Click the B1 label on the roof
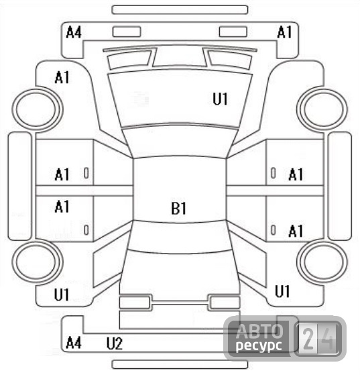(x=178, y=208)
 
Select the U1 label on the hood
(x=220, y=99)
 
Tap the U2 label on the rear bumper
(x=114, y=343)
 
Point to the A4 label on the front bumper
(x=74, y=32)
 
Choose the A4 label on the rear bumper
(x=74, y=343)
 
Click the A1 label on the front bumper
(x=284, y=32)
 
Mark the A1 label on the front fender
(x=62, y=78)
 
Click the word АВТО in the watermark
(x=259, y=331)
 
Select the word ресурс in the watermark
(x=259, y=345)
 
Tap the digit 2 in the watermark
(x=308, y=339)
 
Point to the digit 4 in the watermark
(x=329, y=339)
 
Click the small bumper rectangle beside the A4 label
(x=127, y=32)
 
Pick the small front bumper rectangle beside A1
(x=233, y=32)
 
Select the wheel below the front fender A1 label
(x=37, y=89)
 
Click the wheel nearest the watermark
(x=322, y=240)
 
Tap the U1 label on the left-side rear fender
(x=62, y=294)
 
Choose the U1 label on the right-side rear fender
(x=282, y=291)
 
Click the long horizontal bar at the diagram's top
(x=180, y=10)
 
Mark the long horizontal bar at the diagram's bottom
(x=180, y=364)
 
